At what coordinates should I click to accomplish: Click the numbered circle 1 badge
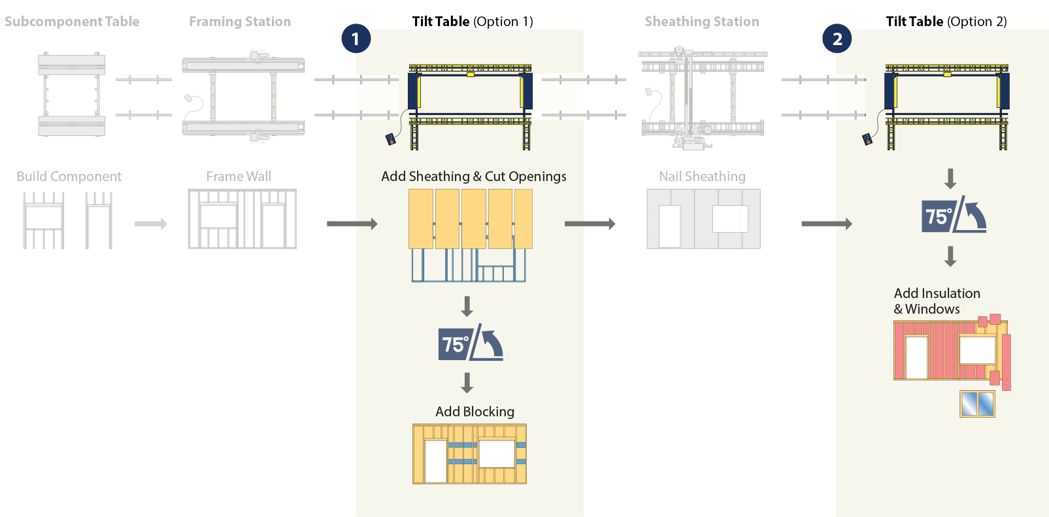(356, 39)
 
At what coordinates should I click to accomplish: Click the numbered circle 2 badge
(837, 39)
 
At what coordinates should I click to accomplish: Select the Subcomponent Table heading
(72, 22)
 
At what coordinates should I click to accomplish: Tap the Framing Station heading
(240, 22)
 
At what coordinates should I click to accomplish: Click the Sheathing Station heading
(702, 22)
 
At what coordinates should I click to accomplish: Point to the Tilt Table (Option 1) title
(473, 22)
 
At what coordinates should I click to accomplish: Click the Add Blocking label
(475, 412)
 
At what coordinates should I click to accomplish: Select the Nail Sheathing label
(702, 176)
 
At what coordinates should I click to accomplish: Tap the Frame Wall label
(239, 176)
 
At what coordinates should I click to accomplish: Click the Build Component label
(69, 176)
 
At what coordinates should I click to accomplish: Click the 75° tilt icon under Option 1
(470, 342)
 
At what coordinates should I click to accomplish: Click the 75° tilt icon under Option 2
(954, 215)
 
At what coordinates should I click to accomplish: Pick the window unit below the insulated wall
(977, 404)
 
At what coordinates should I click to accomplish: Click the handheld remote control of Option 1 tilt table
(391, 139)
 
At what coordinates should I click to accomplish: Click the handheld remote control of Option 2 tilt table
(867, 139)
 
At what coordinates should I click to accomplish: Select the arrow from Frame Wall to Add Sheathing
(352, 224)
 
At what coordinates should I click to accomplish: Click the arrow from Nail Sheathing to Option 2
(827, 224)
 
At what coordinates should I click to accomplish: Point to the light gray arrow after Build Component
(151, 224)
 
